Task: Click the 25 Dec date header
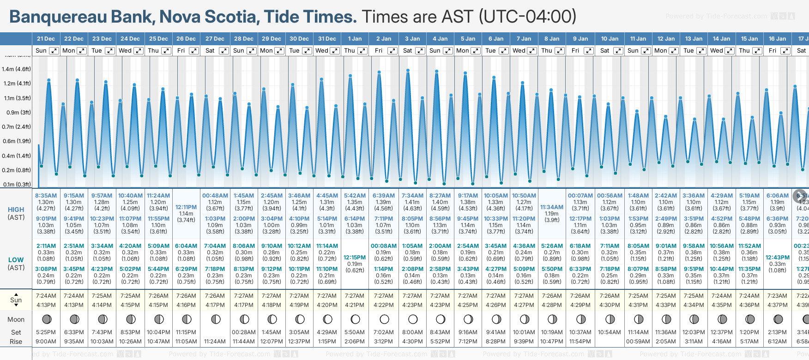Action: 158,39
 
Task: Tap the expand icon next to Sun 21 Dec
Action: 54,51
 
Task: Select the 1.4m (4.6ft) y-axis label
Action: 16,69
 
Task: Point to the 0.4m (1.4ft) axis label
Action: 16,156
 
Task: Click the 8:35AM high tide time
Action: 46,196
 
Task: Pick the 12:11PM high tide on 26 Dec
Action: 186,207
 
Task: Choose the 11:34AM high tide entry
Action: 552,207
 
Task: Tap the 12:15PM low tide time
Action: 355,258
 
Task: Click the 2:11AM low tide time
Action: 46,246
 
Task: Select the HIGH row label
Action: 16,210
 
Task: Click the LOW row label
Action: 16,260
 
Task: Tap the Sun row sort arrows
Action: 16,300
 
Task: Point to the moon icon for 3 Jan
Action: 413,319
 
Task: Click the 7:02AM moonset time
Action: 383,332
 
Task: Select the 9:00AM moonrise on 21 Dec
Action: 46,342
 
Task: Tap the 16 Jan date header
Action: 778,39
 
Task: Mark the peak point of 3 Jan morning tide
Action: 408,71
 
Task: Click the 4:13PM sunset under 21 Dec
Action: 46,305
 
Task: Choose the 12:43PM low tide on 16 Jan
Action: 778,258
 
